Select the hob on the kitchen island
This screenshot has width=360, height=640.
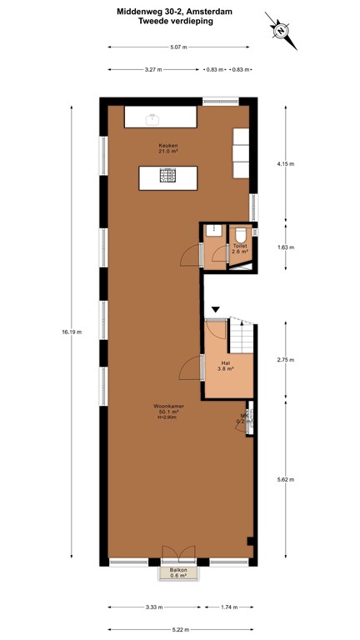click(168, 176)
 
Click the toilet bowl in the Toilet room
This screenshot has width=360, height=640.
click(241, 234)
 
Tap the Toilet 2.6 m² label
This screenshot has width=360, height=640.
click(240, 248)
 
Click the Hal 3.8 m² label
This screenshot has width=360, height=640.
click(225, 366)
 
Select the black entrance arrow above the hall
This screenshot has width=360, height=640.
click(215, 310)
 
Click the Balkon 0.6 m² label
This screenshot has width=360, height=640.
click(179, 572)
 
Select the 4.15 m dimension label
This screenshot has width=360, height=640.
click(285, 164)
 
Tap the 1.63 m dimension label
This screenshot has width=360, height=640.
click(285, 246)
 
